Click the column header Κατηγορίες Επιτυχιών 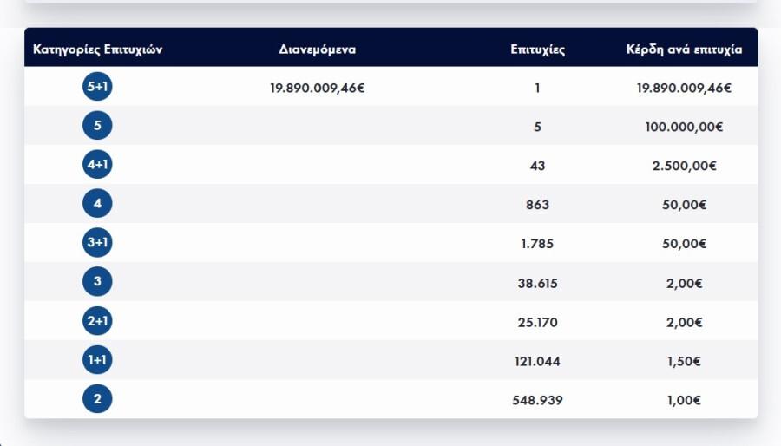click(x=97, y=49)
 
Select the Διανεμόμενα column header click(x=317, y=49)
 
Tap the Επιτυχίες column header click(x=538, y=49)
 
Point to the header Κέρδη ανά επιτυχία click(x=684, y=49)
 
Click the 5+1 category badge click(x=97, y=87)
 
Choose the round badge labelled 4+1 click(x=97, y=165)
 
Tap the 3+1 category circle click(x=97, y=243)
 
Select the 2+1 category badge click(x=97, y=321)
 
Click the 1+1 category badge click(x=97, y=360)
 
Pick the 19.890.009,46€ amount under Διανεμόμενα click(x=317, y=88)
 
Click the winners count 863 click(x=538, y=205)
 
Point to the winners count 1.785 click(x=538, y=244)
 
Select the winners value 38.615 click(x=538, y=283)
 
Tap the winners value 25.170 click(x=538, y=322)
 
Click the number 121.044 click(x=538, y=361)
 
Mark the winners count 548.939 click(x=538, y=400)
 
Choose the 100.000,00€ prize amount click(x=684, y=127)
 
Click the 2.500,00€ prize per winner click(x=684, y=166)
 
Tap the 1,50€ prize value click(x=684, y=361)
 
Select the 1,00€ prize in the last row click(x=684, y=400)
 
